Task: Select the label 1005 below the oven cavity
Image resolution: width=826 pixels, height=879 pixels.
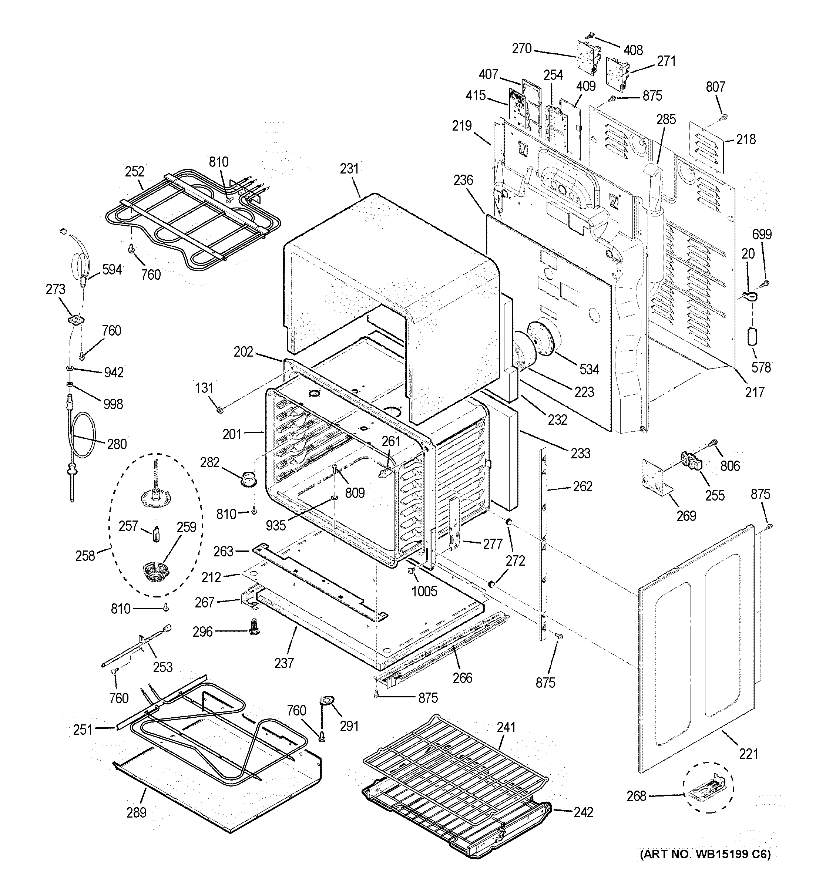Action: click(424, 592)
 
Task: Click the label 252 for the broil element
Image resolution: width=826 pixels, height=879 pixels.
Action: click(134, 171)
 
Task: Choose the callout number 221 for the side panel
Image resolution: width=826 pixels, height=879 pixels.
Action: click(748, 754)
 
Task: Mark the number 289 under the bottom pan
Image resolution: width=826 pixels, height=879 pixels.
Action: click(136, 813)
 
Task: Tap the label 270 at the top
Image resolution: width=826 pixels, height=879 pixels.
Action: click(522, 48)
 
